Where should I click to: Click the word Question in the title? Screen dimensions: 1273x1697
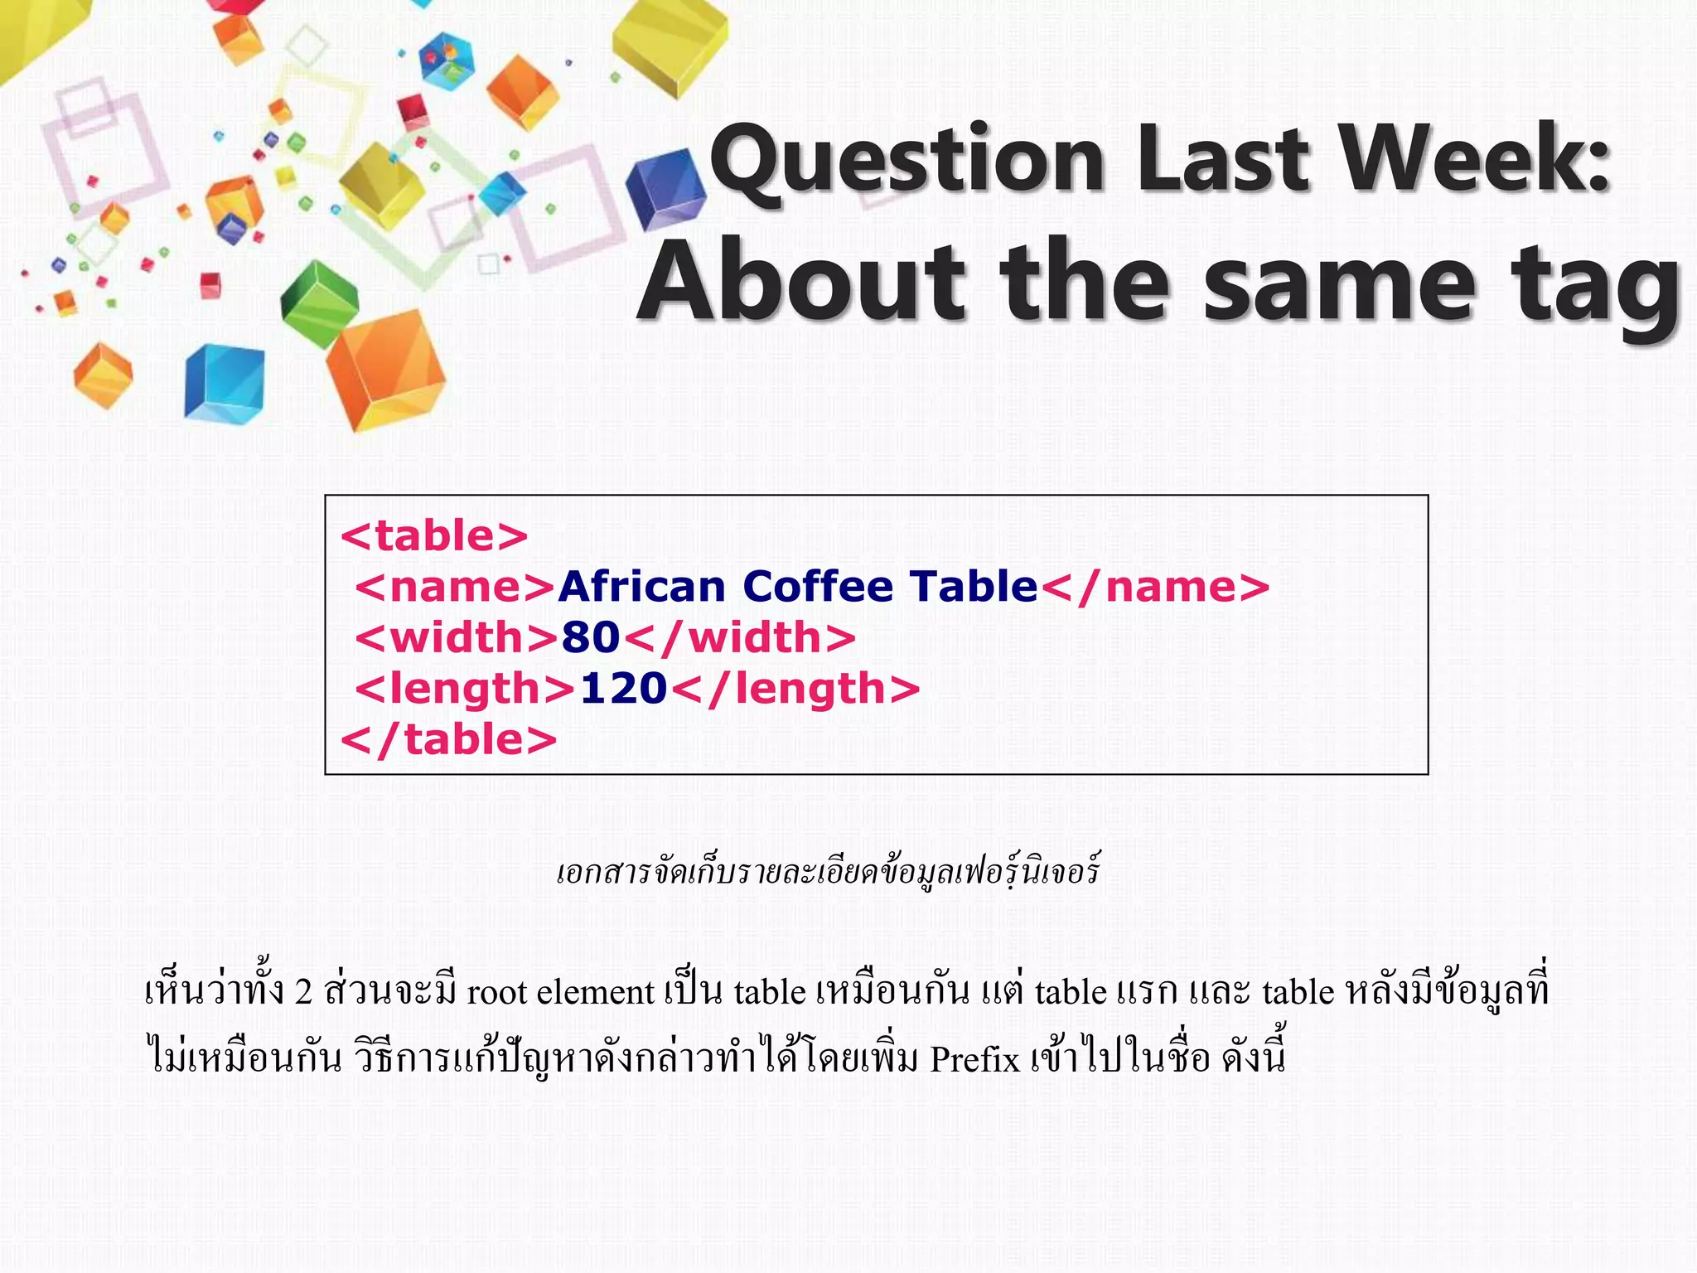907,159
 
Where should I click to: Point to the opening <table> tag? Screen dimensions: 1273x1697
434,536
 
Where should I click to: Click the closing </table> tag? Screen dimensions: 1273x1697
449,739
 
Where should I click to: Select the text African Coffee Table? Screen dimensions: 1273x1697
798,587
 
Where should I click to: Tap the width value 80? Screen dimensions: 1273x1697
591,637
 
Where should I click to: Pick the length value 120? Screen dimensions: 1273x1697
623,689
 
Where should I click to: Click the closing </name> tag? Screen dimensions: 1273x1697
1154,587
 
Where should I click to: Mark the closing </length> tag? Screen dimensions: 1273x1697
795,689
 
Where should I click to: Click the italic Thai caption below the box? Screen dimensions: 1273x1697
828,872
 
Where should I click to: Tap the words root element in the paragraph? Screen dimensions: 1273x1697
561,992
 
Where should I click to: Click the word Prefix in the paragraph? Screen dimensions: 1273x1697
974,1060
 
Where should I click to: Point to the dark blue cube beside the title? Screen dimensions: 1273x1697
665,190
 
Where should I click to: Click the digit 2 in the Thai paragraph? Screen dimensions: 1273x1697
302,992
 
